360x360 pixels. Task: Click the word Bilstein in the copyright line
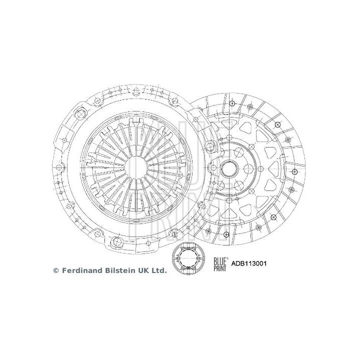pyautogui.click(x=121, y=270)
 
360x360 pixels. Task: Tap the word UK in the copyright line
pyautogui.click(x=144, y=270)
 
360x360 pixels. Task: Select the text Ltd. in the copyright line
pyautogui.click(x=159, y=270)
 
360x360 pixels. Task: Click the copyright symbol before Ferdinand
pyautogui.click(x=55, y=270)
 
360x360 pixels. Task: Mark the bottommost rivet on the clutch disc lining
pyautogui.click(x=226, y=234)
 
